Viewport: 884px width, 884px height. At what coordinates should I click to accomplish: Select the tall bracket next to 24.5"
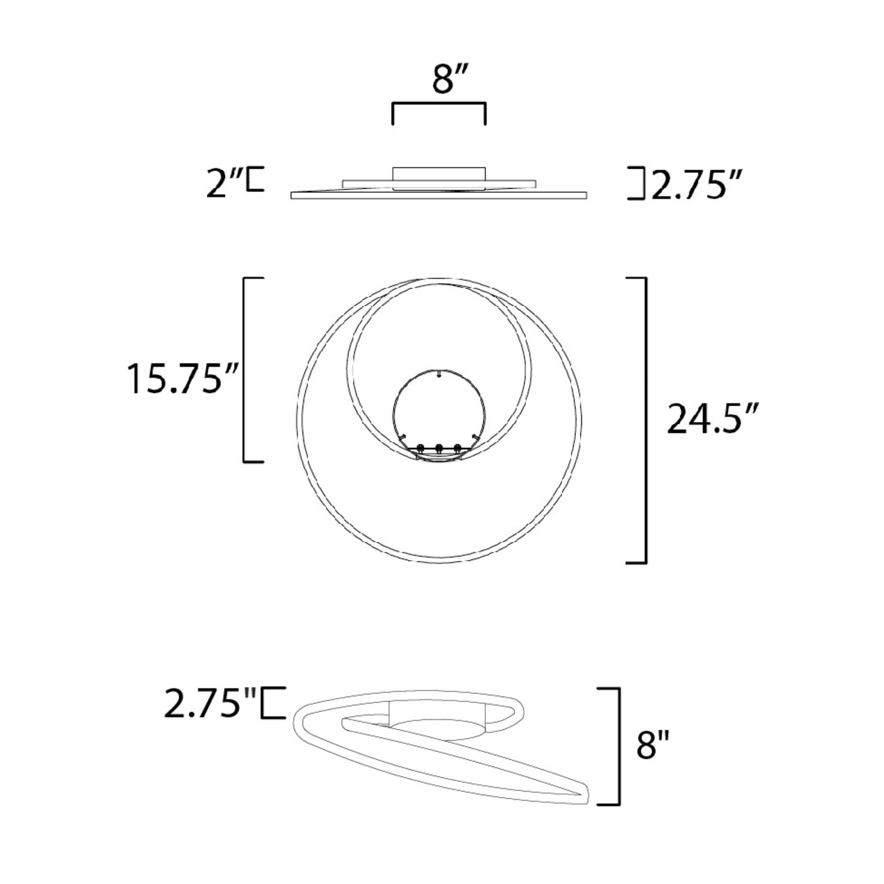[645, 419]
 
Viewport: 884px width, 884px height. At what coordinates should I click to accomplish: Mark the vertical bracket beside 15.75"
[244, 370]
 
